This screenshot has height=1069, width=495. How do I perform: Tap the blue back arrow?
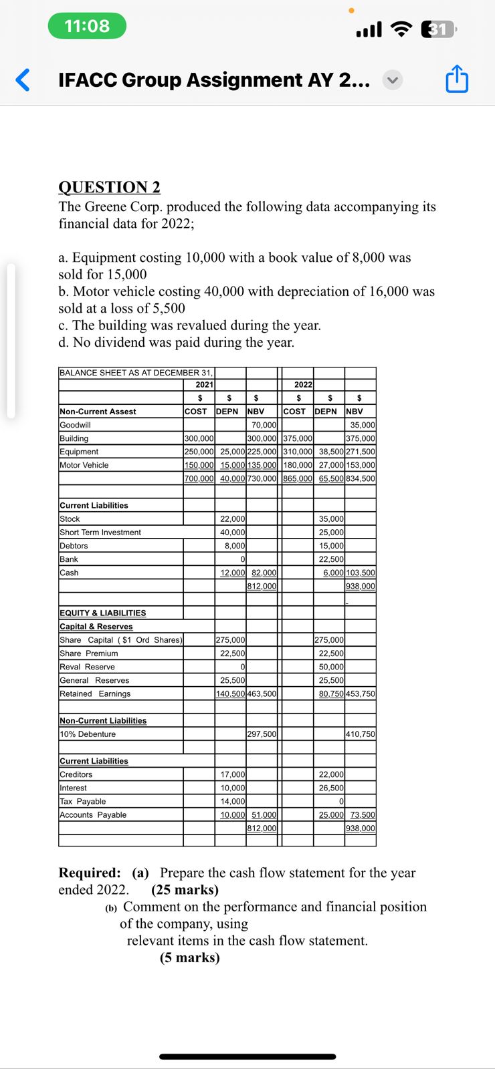(23, 80)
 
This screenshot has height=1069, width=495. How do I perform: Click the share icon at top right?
(457, 79)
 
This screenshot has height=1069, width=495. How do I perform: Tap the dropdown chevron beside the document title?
(393, 80)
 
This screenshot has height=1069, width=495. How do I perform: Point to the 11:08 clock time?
(87, 26)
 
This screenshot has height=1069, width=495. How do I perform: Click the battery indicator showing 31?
(438, 29)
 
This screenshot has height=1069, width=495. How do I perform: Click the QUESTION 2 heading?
(110, 187)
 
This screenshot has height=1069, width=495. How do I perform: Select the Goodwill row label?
(76, 425)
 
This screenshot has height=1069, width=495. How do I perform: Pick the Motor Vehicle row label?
(84, 465)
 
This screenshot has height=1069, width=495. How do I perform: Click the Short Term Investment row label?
(100, 532)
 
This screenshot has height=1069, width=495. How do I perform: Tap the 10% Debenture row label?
(88, 734)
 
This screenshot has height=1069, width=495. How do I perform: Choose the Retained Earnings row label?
(95, 694)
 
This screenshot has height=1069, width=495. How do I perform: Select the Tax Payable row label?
(83, 801)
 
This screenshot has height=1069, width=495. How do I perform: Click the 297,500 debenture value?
(262, 734)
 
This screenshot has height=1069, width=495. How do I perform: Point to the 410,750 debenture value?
(361, 734)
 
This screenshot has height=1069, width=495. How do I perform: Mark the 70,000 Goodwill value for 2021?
(264, 425)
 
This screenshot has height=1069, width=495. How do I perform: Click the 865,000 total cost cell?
(298, 478)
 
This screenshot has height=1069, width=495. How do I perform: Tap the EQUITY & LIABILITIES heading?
(103, 613)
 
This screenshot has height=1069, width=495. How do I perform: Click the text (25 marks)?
(185, 890)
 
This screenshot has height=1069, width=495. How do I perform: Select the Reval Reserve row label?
(88, 667)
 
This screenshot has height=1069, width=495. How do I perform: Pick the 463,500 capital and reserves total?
(262, 694)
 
